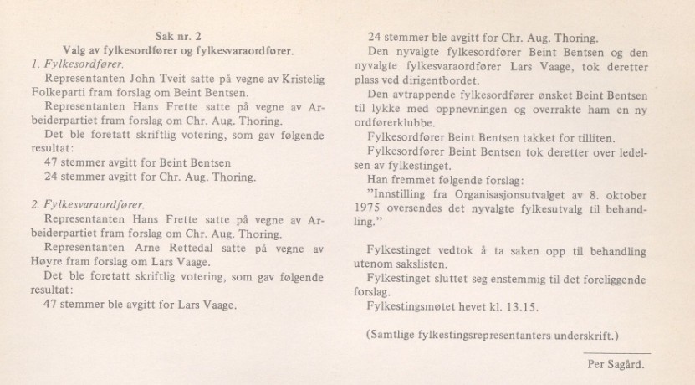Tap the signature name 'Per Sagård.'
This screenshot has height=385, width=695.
[616, 364]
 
